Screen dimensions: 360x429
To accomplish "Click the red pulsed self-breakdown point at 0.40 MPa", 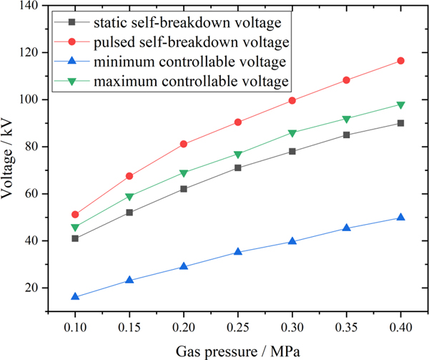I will pos(400,61).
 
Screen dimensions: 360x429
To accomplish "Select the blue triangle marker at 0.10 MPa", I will pos(75,296).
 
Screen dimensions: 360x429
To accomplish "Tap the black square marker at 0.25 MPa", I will pos(237,168).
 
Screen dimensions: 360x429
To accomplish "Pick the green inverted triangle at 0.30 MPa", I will pos(292,133).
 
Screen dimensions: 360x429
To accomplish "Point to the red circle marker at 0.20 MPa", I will pos(184,144).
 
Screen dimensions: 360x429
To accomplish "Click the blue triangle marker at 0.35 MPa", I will pos(346,228).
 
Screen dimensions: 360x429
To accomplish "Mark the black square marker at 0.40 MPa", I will pos(400,123).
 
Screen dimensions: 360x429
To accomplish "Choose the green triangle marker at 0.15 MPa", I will pos(129,197).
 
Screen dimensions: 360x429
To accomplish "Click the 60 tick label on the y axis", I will pos(32,194).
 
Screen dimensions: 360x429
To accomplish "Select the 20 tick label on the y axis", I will pos(32,288).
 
